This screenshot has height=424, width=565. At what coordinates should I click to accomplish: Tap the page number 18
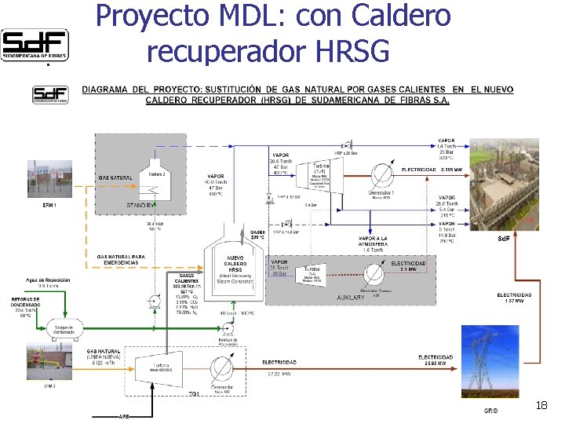[541, 405]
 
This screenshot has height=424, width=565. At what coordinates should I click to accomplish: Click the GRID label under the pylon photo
[490, 411]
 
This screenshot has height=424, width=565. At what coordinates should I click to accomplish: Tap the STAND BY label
[141, 205]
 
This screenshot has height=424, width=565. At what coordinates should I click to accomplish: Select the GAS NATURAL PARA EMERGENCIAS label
[122, 260]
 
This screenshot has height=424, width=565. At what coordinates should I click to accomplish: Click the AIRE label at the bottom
[123, 415]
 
